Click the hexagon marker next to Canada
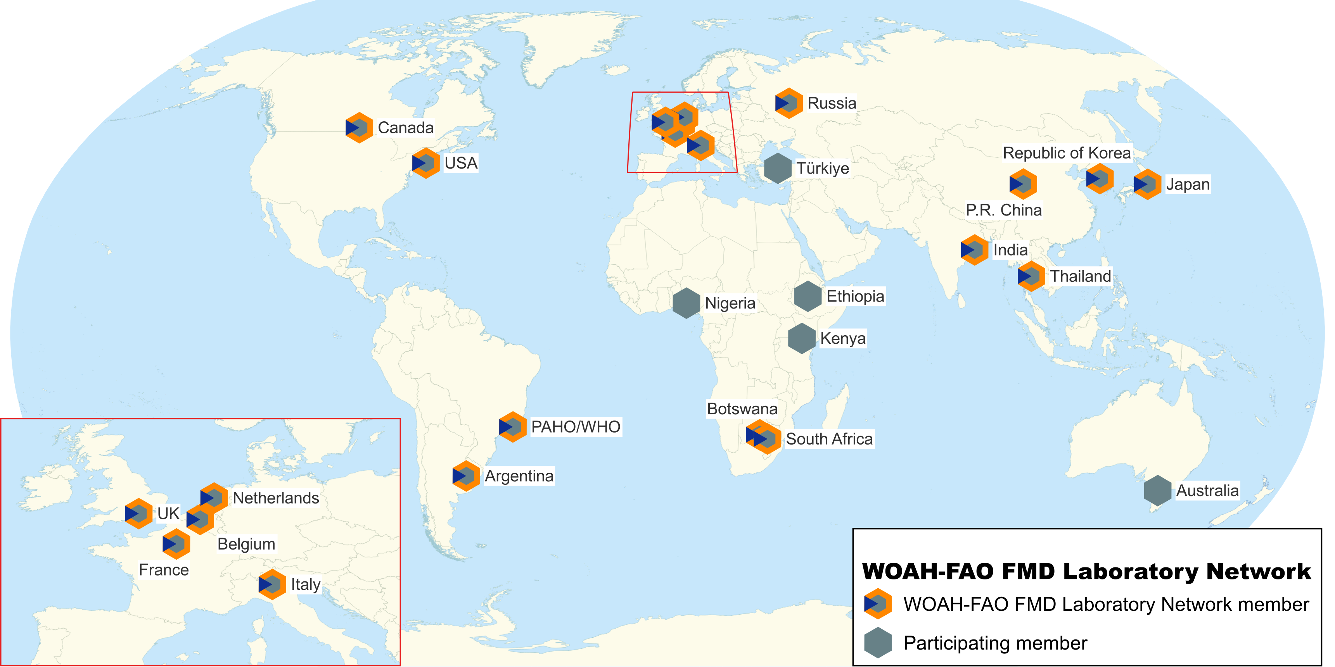click(x=359, y=128)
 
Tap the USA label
click(x=461, y=163)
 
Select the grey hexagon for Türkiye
click(x=778, y=168)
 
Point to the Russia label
click(x=832, y=103)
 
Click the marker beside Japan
click(x=1147, y=184)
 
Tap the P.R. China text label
click(x=1003, y=210)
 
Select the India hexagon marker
click(x=974, y=250)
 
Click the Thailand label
click(x=1081, y=276)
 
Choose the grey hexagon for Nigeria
click(x=686, y=303)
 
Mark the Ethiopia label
click(x=855, y=296)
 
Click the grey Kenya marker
click(x=802, y=339)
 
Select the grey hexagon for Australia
click(x=1158, y=490)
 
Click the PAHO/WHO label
click(x=576, y=427)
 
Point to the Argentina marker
click(x=466, y=476)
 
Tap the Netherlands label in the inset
click(x=276, y=498)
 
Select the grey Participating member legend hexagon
click(x=878, y=643)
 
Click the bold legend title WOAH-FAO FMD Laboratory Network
click(x=1086, y=572)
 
